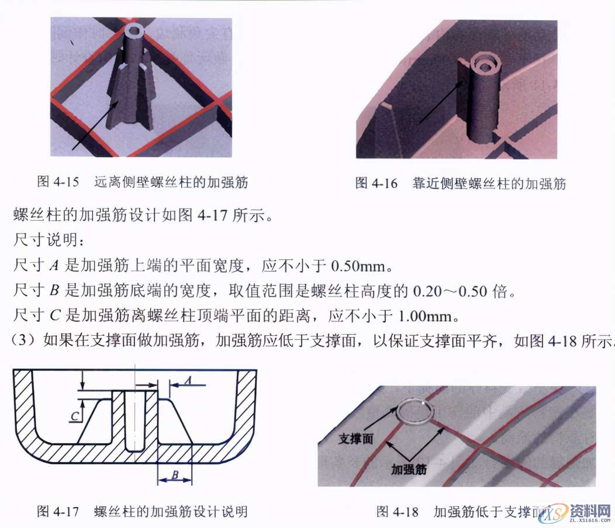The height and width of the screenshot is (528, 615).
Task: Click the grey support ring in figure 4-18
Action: pyautogui.click(x=416, y=411)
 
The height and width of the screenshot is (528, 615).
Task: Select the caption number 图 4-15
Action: pyautogui.click(x=58, y=182)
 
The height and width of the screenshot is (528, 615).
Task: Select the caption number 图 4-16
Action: pyautogui.click(x=376, y=184)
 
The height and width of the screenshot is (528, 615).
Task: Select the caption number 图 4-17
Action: pyautogui.click(x=58, y=512)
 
